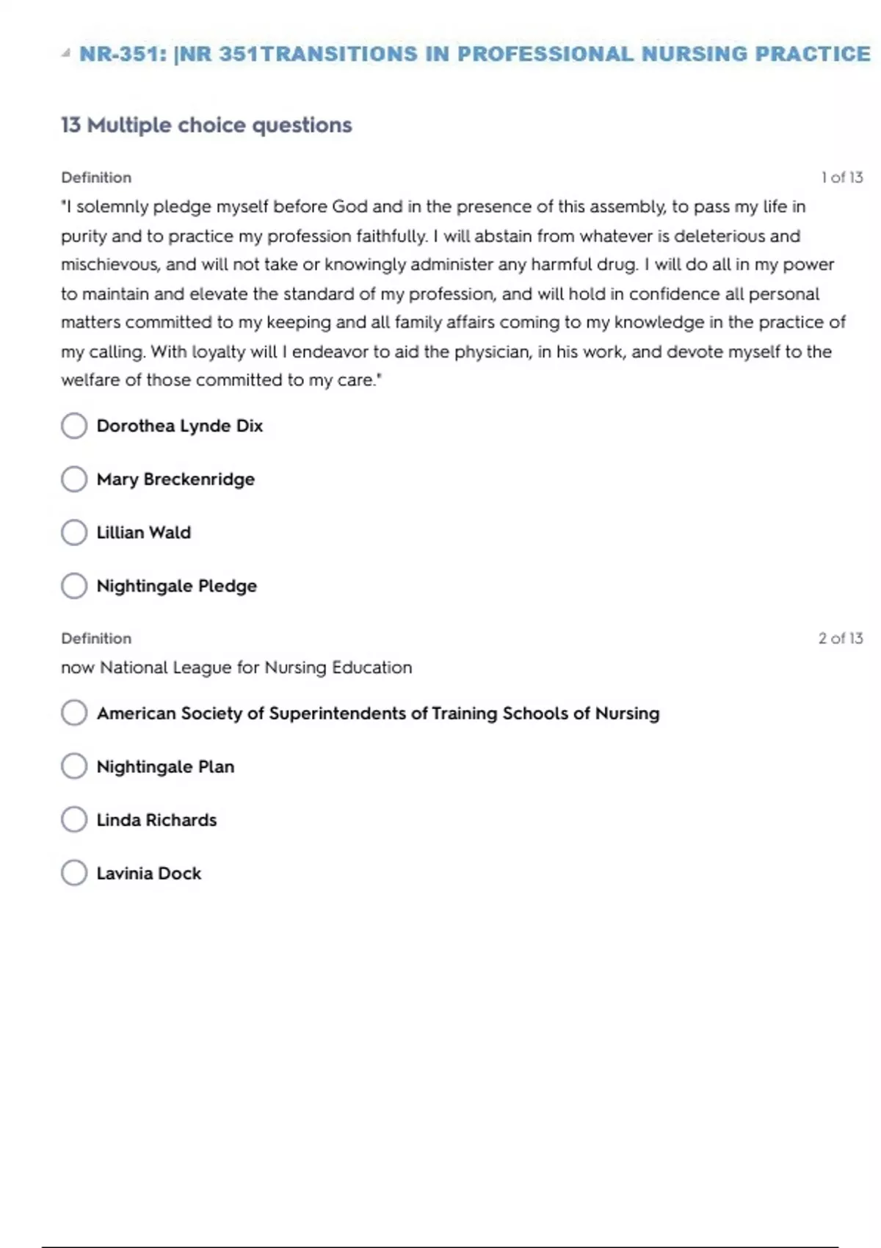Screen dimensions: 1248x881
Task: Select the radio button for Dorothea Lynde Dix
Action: (x=74, y=426)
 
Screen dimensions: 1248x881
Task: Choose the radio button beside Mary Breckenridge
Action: (x=74, y=479)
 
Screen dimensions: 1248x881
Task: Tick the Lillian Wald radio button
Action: (x=74, y=533)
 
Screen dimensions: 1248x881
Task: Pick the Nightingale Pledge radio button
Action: (x=74, y=586)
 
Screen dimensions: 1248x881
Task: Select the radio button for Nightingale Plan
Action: (x=74, y=766)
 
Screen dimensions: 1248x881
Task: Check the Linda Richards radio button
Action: (x=74, y=820)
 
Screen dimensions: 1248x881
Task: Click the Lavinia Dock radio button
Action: (x=74, y=873)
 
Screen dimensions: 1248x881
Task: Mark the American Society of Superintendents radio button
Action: (x=74, y=713)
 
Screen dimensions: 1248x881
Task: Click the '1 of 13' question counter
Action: (x=841, y=178)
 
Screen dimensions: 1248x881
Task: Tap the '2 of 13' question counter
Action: (x=841, y=639)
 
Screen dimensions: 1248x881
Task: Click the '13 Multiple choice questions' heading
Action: (x=206, y=126)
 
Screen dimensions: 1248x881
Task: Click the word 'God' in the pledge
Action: (x=349, y=207)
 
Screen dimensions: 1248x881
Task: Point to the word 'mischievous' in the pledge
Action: (x=109, y=265)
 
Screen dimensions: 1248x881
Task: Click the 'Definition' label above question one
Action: (x=96, y=178)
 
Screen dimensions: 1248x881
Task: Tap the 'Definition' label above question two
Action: (x=96, y=639)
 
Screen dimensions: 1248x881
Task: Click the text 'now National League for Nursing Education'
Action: (x=236, y=668)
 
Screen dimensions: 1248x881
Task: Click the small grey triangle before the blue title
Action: (x=66, y=53)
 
